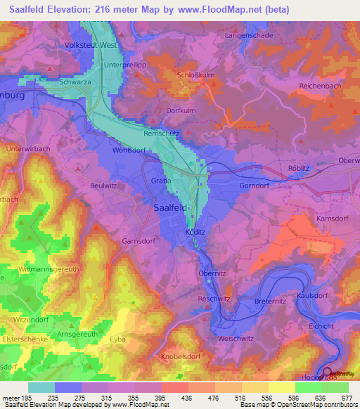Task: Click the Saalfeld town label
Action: tap(171, 207)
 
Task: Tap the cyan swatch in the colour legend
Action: tap(41, 387)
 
